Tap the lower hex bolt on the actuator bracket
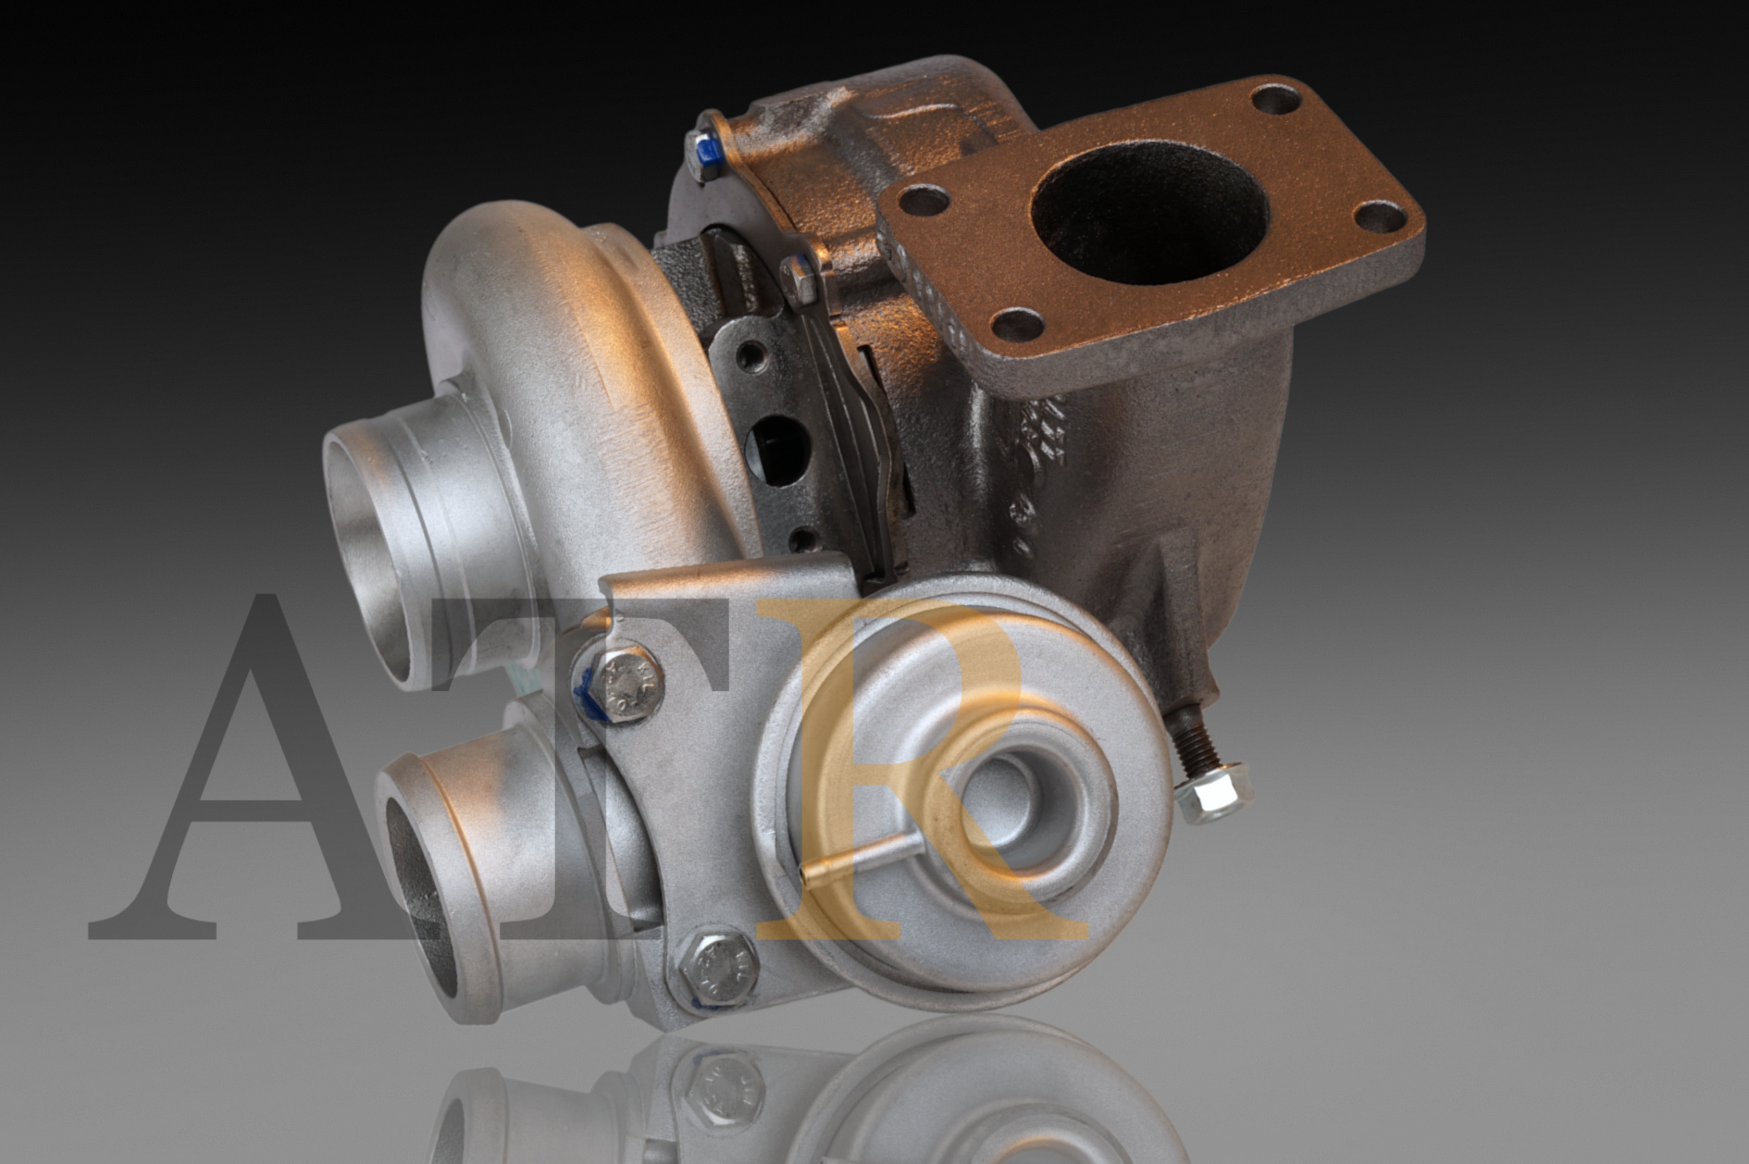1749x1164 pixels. (x=713, y=968)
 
